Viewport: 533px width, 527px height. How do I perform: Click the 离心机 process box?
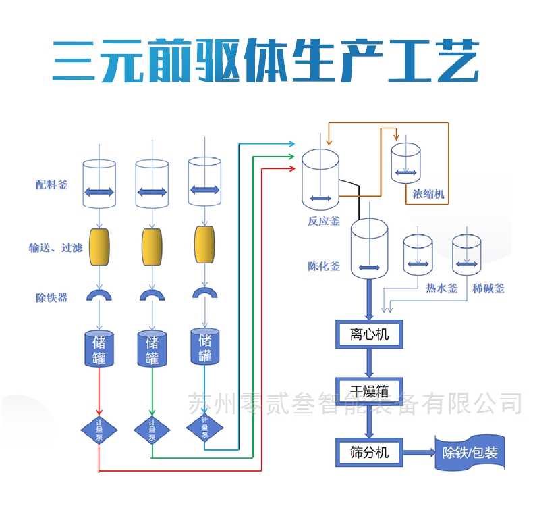(368, 334)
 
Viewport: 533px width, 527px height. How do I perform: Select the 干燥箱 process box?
(368, 391)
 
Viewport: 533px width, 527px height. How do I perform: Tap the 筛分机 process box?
(368, 451)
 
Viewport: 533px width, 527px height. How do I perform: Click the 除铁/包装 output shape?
(470, 452)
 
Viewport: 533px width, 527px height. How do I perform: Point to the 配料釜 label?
(52, 184)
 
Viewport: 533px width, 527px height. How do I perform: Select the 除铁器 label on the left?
(52, 297)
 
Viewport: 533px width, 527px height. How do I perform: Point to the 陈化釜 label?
(324, 266)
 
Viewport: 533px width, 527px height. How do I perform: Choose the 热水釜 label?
(442, 288)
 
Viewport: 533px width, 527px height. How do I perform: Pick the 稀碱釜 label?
(488, 288)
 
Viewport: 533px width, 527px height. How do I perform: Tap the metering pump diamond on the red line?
(99, 429)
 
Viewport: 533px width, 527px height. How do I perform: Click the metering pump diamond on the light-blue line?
(204, 427)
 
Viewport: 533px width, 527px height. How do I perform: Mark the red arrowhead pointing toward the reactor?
(291, 168)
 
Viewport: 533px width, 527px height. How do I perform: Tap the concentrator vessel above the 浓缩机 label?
(407, 162)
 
